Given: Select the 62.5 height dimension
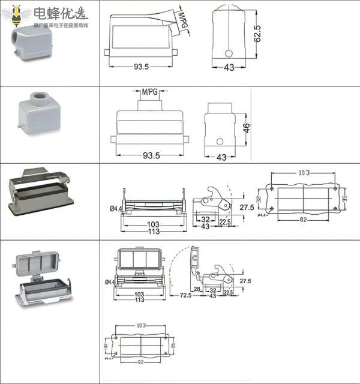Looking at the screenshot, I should pos(257,34).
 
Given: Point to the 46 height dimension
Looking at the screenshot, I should pos(246,128).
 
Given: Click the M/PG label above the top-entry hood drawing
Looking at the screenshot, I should pos(150,92).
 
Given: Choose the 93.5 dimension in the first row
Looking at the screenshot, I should pos(142,67).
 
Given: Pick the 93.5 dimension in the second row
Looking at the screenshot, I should pos(151,155).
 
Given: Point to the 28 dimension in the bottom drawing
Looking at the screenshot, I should pos(196,289).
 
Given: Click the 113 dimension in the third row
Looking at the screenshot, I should pos(154,231).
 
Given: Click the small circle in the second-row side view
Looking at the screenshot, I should pos(220,142).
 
